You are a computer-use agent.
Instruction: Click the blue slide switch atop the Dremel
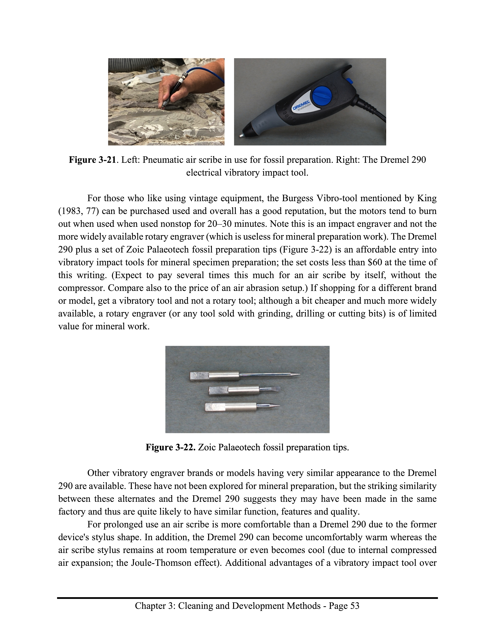(x=350, y=80)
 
